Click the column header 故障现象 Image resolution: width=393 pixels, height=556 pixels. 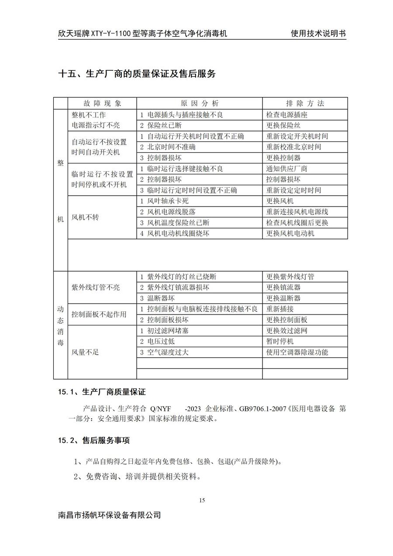tap(102, 104)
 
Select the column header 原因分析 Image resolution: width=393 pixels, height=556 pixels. tap(200, 104)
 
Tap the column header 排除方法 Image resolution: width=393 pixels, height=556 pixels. tap(305, 104)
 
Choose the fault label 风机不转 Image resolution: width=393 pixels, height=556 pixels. tap(85, 217)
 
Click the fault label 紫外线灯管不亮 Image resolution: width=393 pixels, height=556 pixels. tap(96, 287)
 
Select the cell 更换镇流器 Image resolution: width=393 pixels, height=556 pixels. tap(283, 287)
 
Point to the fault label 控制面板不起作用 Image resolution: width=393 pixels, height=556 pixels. tap(99, 314)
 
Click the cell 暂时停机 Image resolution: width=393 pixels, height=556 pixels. tap(280, 341)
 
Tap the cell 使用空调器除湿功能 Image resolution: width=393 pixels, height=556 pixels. tap(297, 352)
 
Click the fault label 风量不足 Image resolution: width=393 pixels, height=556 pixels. tap(85, 352)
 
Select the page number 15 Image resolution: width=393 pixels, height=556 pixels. tap(201, 500)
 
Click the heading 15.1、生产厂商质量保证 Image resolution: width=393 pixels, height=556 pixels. tap(102, 392)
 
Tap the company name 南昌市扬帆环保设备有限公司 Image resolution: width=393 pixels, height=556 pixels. tap(110, 515)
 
